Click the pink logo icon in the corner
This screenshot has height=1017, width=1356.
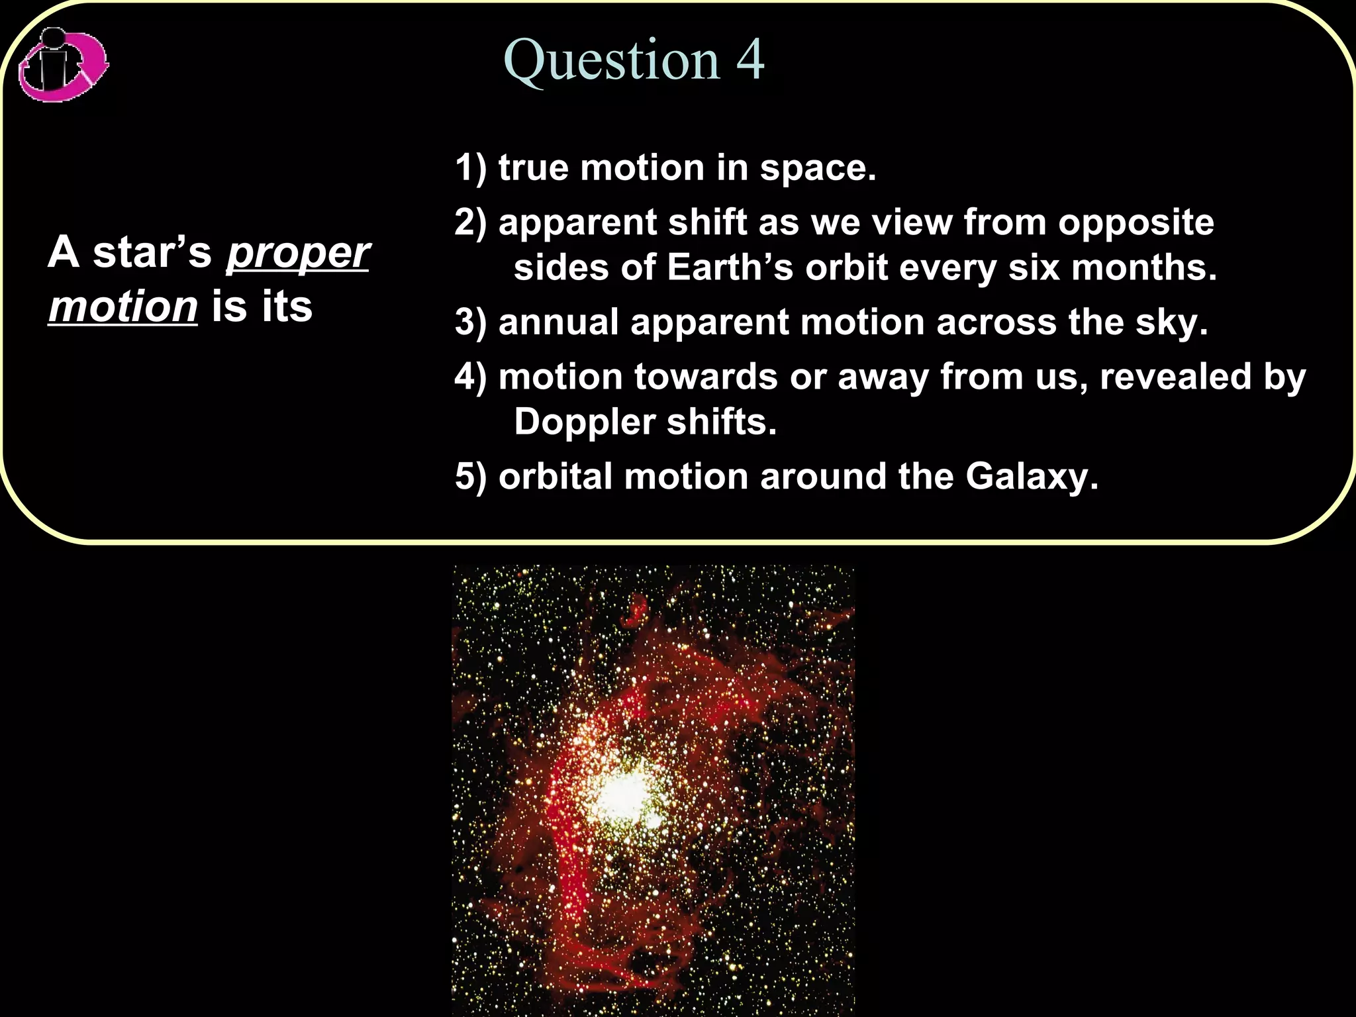tap(63, 65)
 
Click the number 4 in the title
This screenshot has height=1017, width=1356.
tap(750, 60)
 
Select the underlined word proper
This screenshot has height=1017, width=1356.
tap(298, 253)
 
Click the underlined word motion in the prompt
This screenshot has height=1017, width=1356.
tap(123, 307)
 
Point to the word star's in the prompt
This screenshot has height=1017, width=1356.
tap(152, 253)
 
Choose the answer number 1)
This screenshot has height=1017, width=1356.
tap(470, 168)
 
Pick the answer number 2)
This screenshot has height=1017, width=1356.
tap(470, 222)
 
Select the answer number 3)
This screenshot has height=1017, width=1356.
tap(470, 323)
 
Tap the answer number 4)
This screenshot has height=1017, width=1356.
tap(470, 377)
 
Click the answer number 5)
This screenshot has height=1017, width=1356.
tap(470, 477)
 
